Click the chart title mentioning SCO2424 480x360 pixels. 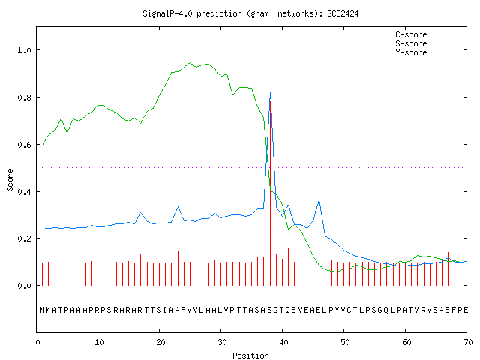coord(250,13)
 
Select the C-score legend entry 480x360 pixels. coord(427,34)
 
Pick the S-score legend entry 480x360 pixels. coord(427,43)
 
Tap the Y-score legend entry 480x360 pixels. coord(427,52)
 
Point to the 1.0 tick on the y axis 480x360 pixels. coord(24,50)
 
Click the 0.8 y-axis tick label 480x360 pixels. coord(24,97)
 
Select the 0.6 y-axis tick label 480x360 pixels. coord(24,145)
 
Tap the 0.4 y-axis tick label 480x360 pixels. coord(24,192)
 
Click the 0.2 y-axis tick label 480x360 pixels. coord(24,238)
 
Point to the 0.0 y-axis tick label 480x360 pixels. coord(24,286)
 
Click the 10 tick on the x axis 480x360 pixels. coord(99,342)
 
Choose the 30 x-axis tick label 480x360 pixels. coord(222,342)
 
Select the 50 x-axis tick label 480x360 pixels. coord(345,342)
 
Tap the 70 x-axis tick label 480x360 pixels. coord(468,342)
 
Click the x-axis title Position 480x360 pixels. coord(250,355)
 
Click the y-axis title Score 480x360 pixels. coord(10,180)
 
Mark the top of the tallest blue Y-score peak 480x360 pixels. coord(270,91)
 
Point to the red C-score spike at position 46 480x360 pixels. coord(319,253)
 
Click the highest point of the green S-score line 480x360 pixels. coord(190,63)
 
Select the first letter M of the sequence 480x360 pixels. coord(42,310)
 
